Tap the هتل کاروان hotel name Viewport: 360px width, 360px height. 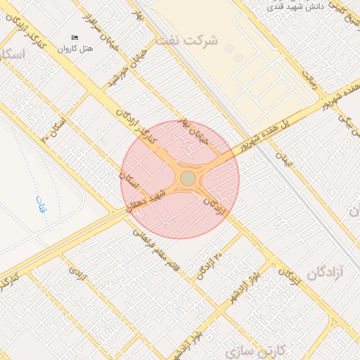(x=75, y=49)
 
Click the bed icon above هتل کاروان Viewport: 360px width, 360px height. (x=75, y=37)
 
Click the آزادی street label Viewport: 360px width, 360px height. (x=78, y=274)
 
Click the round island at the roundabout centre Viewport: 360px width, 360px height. (x=188, y=179)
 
